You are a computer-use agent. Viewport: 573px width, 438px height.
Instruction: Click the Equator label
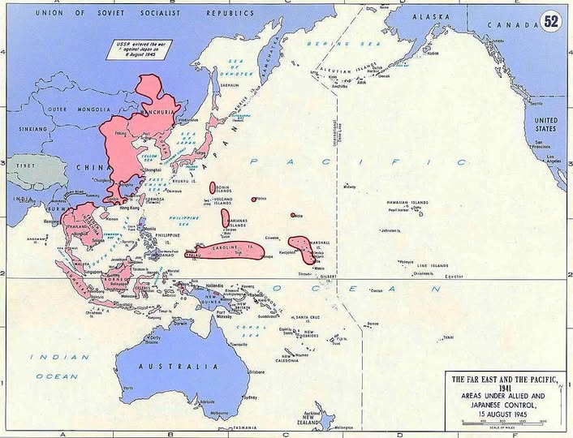point(452,275)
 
